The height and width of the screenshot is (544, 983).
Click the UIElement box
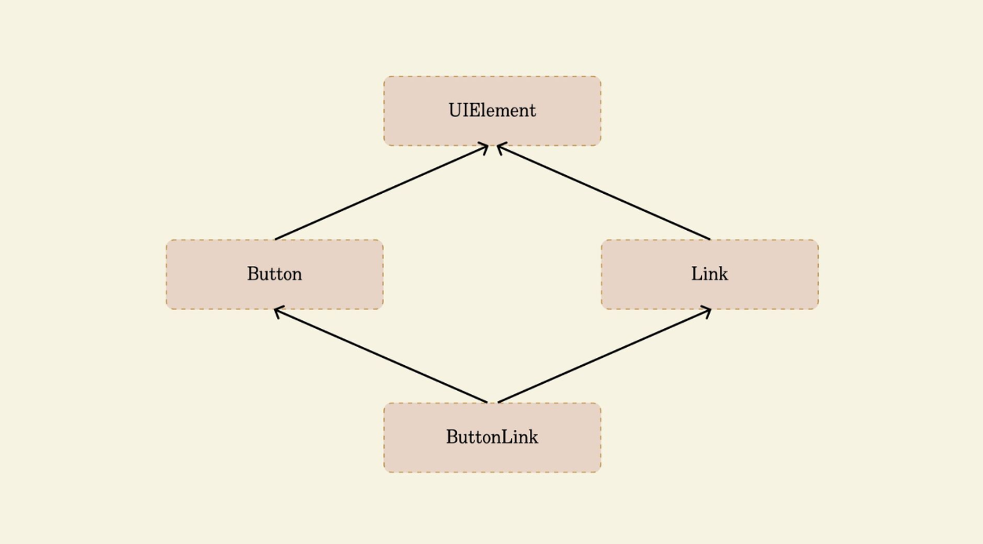492,111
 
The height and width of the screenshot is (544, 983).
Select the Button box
275,275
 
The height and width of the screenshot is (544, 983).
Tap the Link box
710,275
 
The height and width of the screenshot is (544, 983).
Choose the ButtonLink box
492,438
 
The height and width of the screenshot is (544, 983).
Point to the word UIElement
492,111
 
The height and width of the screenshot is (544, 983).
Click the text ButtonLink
492,437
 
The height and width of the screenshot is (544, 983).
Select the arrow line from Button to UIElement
382,192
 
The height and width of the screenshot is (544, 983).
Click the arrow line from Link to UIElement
604,192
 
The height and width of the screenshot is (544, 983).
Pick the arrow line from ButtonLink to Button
381,356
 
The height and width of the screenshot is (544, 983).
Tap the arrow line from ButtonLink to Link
605,356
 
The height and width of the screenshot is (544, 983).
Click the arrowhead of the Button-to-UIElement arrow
484,148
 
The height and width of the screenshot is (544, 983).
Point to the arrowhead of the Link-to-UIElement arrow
501,148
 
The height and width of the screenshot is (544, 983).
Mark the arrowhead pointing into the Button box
278,312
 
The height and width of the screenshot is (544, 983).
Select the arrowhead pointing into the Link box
707,312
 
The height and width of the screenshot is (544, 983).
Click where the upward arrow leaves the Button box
275,239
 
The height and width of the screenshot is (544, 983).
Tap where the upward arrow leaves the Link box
710,239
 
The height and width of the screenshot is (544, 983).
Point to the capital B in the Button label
254,274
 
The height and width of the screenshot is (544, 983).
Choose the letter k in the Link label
722,274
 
